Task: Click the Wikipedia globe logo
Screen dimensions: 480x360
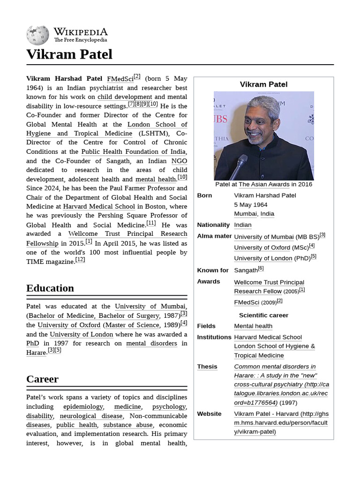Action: pyautogui.click(x=37, y=35)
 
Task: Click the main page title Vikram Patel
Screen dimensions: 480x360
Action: pyautogui.click(x=69, y=54)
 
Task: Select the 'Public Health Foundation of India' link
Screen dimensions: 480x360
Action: pyautogui.click(x=134, y=152)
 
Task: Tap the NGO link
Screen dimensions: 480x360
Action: pyautogui.click(x=179, y=161)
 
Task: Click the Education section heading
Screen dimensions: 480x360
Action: pyautogui.click(x=50, y=288)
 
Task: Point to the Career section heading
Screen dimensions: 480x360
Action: pyautogui.click(x=42, y=379)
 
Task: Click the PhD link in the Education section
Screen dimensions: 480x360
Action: pyautogui.click(x=32, y=343)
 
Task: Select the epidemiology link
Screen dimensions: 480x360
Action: pyautogui.click(x=83, y=406)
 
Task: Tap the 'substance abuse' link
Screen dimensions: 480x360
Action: pyautogui.click(x=128, y=425)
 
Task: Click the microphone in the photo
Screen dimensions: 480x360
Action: pyautogui.click(x=239, y=166)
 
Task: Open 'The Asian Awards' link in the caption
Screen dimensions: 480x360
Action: pyautogui.click(x=264, y=184)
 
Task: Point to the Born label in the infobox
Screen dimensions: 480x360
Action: pyautogui.click(x=204, y=195)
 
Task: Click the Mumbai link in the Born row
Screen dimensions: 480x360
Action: pyautogui.click(x=245, y=214)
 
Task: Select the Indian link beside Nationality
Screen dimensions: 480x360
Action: pyautogui.click(x=243, y=225)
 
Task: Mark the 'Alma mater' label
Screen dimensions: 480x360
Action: pyautogui.click(x=214, y=236)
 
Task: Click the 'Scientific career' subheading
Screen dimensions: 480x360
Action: pyautogui.click(x=263, y=315)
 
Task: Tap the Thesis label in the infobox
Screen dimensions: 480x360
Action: pyautogui.click(x=207, y=367)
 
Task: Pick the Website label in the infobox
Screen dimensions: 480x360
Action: pyautogui.click(x=209, y=414)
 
